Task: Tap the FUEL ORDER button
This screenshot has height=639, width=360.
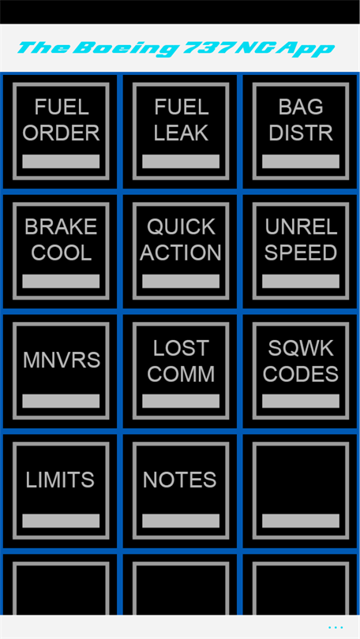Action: pyautogui.click(x=61, y=131)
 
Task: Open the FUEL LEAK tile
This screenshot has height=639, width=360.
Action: pyautogui.click(x=181, y=131)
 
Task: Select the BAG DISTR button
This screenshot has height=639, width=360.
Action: pyautogui.click(x=301, y=131)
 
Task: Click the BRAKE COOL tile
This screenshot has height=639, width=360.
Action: pyautogui.click(x=61, y=251)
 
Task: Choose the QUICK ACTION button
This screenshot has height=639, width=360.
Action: pyautogui.click(x=181, y=251)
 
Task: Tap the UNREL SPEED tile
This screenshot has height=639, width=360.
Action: pyautogui.click(x=301, y=251)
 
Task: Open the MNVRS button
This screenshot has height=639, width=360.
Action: pyautogui.click(x=61, y=371)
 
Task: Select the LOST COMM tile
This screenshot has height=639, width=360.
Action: pyautogui.click(x=181, y=371)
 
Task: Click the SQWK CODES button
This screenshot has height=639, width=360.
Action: pyautogui.click(x=301, y=371)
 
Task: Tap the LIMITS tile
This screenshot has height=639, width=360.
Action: pyautogui.click(x=61, y=491)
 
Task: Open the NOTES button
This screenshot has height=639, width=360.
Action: pyautogui.click(x=181, y=491)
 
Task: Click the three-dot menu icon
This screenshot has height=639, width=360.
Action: pyautogui.click(x=336, y=627)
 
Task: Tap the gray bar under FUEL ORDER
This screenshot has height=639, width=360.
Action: pyautogui.click(x=61, y=162)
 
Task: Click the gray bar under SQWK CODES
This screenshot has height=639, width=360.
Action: pyautogui.click(x=301, y=401)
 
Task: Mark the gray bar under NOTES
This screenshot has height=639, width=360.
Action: pyautogui.click(x=181, y=521)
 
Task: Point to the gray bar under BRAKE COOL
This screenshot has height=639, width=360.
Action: pyautogui.click(x=61, y=281)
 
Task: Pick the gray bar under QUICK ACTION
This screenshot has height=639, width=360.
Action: pyautogui.click(x=181, y=281)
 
